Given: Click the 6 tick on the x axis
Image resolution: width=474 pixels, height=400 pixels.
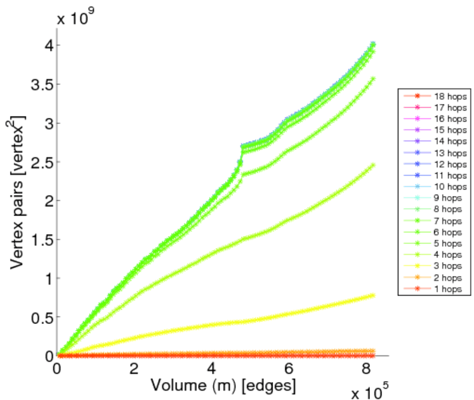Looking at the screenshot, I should click(x=288, y=369).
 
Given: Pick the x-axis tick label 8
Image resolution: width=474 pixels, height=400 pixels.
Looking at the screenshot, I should click(x=365, y=369).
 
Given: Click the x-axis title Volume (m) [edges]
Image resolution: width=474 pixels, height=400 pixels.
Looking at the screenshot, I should click(x=223, y=385).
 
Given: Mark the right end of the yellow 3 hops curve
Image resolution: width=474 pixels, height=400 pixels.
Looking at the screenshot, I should click(x=373, y=295).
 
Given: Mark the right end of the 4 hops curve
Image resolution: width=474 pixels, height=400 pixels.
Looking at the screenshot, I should click(x=373, y=165).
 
